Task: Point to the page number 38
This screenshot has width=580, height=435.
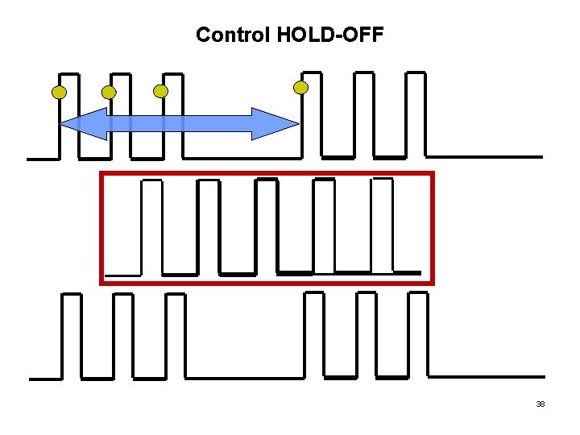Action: pyautogui.click(x=541, y=404)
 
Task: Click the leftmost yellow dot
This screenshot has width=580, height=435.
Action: pyautogui.click(x=59, y=92)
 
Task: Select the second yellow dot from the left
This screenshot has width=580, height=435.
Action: pyautogui.click(x=109, y=93)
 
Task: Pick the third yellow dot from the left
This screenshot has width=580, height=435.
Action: pyautogui.click(x=161, y=91)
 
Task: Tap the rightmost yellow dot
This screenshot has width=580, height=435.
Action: pyautogui.click(x=300, y=87)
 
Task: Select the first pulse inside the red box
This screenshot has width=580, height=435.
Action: pyautogui.click(x=151, y=226)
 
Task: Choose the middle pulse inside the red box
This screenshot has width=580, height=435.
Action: pyautogui.click(x=266, y=226)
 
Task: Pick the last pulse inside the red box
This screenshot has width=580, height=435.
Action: pyautogui.click(x=383, y=226)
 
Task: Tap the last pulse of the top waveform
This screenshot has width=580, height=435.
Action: pyautogui.click(x=416, y=113)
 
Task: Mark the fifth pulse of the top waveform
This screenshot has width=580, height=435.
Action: pyautogui.click(x=364, y=113)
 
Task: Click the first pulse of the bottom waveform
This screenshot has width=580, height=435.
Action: pyautogui.click(x=72, y=334)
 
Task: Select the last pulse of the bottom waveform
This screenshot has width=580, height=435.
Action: pyautogui.click(x=417, y=334)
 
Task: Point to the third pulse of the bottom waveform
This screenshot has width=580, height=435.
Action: pyautogui.click(x=175, y=334)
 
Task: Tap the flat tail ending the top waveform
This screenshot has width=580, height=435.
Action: pyautogui.click(x=483, y=156)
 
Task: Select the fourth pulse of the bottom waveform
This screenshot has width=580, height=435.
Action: pyautogui.click(x=313, y=334)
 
